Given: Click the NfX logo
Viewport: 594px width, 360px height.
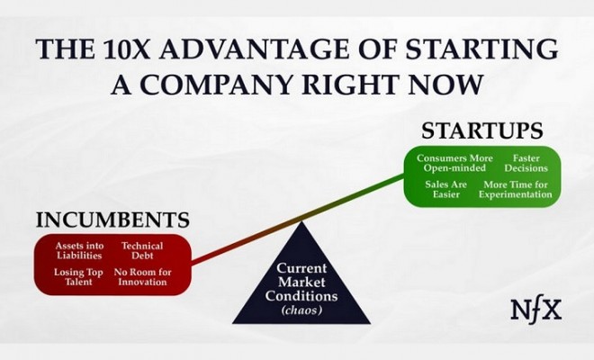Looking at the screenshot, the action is click(536, 310).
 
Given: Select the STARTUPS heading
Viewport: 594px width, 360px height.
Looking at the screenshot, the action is click(482, 130).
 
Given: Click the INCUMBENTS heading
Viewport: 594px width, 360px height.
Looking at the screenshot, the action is click(112, 220).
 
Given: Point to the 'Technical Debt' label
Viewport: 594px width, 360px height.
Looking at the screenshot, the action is click(142, 251).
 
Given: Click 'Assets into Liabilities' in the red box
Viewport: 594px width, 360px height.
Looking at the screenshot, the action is click(79, 251).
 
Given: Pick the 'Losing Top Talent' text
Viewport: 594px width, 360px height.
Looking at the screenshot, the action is click(78, 277).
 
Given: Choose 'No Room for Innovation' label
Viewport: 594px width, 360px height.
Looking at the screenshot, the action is click(142, 277).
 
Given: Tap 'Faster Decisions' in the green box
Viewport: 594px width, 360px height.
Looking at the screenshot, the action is click(526, 163).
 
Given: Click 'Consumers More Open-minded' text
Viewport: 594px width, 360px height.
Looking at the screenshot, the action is click(454, 163).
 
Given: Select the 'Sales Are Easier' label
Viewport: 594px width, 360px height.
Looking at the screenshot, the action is click(445, 190).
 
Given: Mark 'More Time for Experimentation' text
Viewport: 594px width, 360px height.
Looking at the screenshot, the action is click(516, 190).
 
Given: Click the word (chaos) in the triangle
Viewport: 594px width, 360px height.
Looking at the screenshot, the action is click(301, 310).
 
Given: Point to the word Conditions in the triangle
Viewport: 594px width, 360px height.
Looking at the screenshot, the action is click(301, 295).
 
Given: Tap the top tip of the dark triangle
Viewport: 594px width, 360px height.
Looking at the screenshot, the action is click(301, 221).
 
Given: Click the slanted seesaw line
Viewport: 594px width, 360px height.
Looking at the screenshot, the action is click(298, 220).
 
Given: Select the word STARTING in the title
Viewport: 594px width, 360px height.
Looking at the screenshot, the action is click(482, 49).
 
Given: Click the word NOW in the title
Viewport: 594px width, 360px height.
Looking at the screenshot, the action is click(445, 84).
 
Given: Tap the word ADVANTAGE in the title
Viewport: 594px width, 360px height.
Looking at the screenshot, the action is click(254, 49).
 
